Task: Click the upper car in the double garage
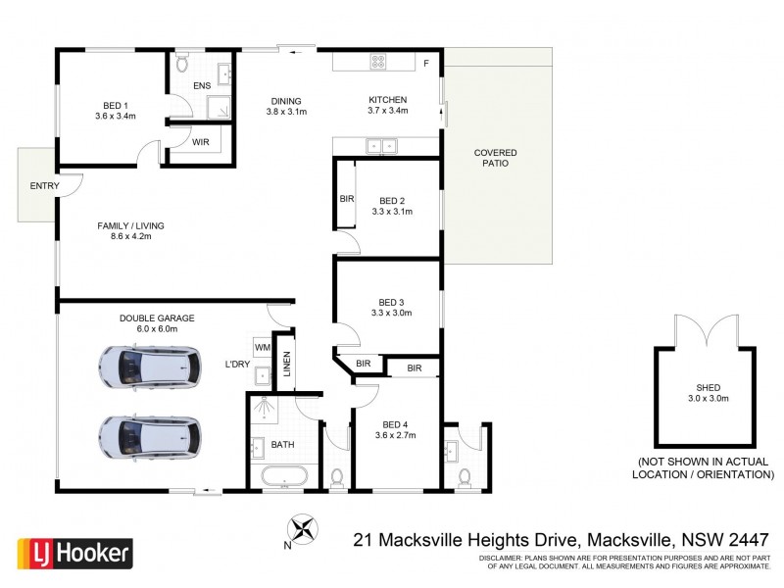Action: [149, 367]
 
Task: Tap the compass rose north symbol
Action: [307, 530]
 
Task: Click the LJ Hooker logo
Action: [74, 554]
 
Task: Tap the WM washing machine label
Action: [262, 347]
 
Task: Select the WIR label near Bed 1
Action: [201, 142]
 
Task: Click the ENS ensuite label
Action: [201, 86]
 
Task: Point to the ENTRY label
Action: [44, 186]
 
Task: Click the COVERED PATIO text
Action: [495, 158]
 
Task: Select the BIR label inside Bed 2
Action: [346, 198]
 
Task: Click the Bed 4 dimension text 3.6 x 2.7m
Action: [396, 434]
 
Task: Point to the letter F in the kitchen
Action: [425, 65]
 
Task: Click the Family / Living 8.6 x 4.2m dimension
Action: [130, 236]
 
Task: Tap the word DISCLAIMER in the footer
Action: [503, 557]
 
